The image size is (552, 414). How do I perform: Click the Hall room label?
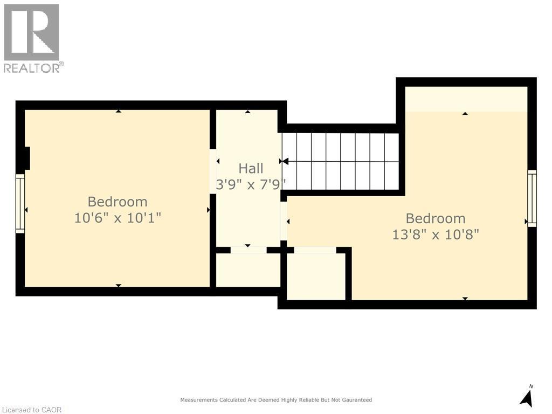pyautogui.click(x=251, y=169)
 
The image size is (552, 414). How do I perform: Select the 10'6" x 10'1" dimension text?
pyautogui.click(x=118, y=218)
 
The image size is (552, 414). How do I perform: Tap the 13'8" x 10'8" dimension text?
pyautogui.click(x=436, y=234)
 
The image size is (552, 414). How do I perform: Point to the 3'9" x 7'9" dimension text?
pyautogui.click(x=251, y=184)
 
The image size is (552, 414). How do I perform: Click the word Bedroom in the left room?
pyautogui.click(x=118, y=202)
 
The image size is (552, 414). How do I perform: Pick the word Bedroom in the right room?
pyautogui.click(x=436, y=218)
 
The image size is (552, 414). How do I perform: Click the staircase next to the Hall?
pyautogui.click(x=341, y=161)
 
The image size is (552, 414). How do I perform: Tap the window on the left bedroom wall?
pyautogui.click(x=20, y=203)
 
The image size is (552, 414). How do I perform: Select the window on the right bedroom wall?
pyautogui.click(x=532, y=198)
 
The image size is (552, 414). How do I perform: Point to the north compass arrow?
pyautogui.click(x=527, y=397)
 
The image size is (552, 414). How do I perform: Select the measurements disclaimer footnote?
pyautogui.click(x=276, y=400)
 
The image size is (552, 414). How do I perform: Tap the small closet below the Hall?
pyautogui.click(x=248, y=270)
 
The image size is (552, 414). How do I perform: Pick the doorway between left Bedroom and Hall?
pyautogui.click(x=213, y=171)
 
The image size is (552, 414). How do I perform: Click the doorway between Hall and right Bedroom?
pyautogui.click(x=284, y=220)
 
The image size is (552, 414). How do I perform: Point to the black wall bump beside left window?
pyautogui.click(x=24, y=158)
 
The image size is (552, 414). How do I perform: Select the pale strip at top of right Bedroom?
pyautogui.click(x=466, y=99)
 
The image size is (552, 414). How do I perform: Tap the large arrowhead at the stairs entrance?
pyautogui.click(x=285, y=161)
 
